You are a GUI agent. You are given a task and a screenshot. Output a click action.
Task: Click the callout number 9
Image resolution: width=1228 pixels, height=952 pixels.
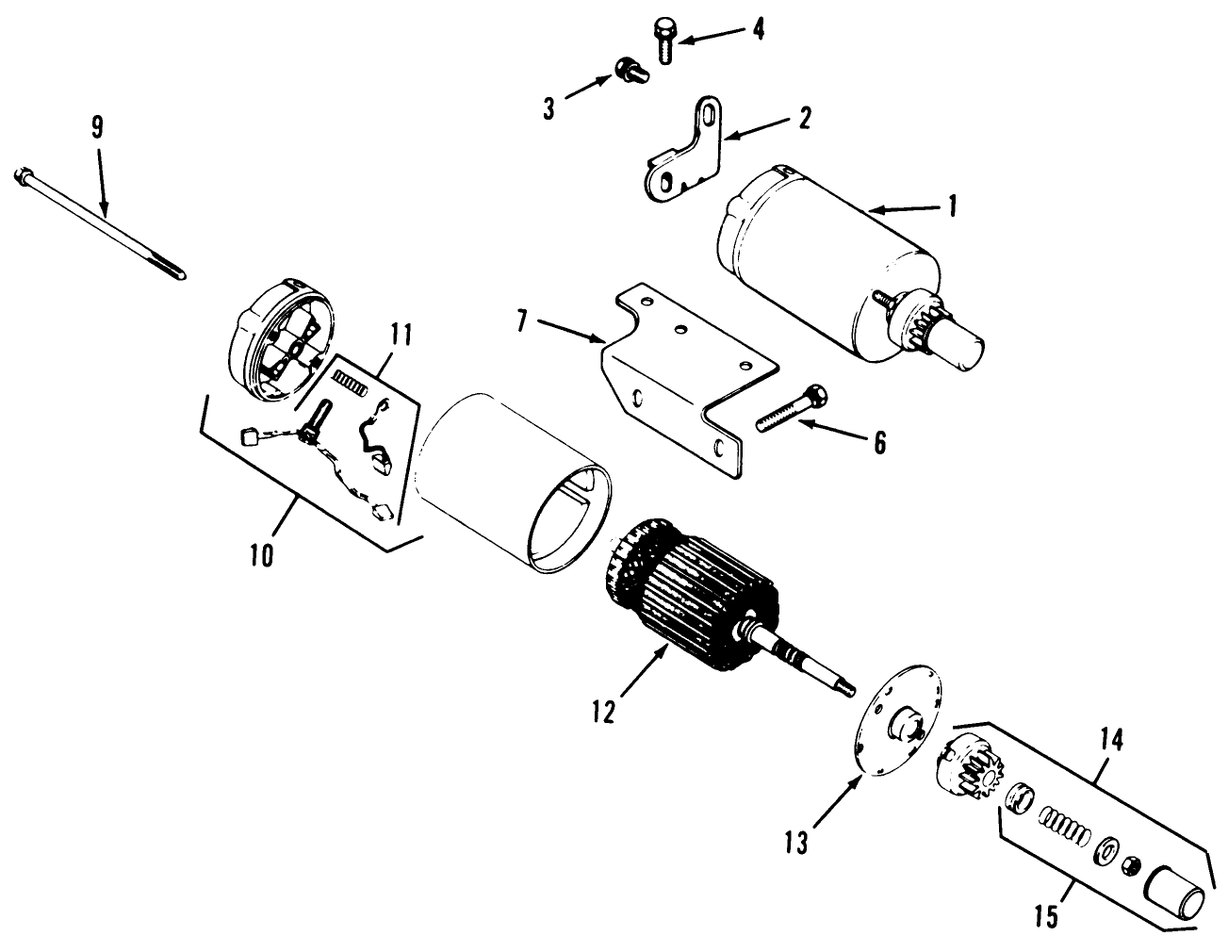pyautogui.click(x=97, y=129)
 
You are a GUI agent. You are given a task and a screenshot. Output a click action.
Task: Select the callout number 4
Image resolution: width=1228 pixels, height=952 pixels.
pyautogui.click(x=757, y=28)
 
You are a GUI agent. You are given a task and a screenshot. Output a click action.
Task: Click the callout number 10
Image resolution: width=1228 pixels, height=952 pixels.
pyautogui.click(x=262, y=554)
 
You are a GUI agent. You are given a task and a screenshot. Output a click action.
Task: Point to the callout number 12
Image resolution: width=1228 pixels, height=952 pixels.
pyautogui.click(x=603, y=710)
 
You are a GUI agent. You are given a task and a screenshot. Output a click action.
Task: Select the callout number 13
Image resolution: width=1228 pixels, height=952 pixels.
pyautogui.click(x=796, y=841)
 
